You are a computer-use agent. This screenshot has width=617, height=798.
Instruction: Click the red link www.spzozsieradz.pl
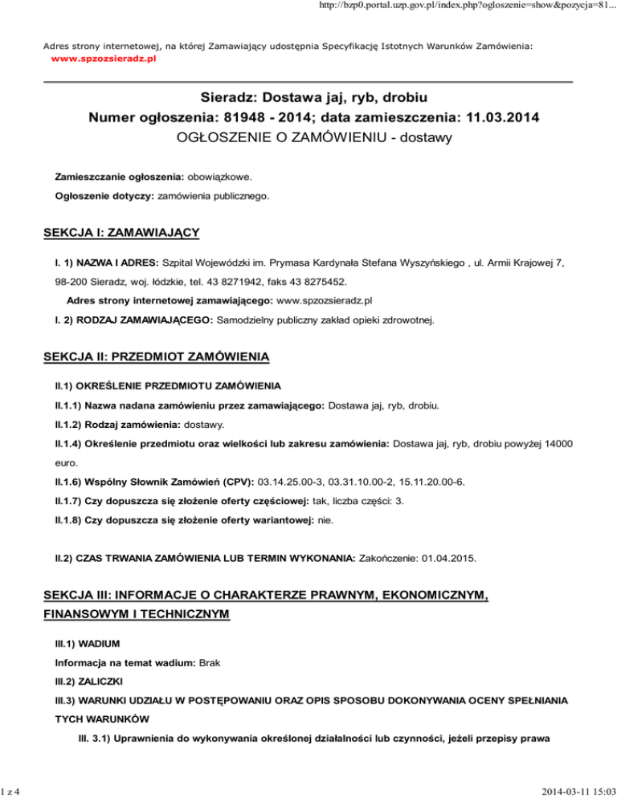[103, 60]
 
